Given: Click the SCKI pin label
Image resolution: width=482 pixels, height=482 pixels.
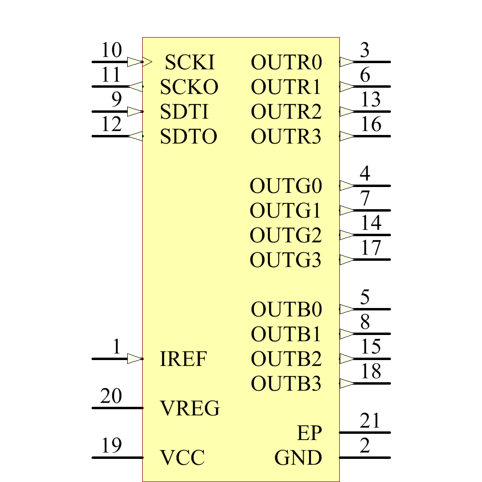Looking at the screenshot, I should (x=189, y=62).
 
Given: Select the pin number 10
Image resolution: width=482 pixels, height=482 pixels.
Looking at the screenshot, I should (x=111, y=50).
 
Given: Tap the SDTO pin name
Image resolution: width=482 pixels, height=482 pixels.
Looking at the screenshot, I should (x=188, y=137).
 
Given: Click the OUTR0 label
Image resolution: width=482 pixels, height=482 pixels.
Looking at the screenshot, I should (x=286, y=62).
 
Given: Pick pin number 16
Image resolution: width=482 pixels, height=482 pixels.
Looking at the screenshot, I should (x=371, y=124).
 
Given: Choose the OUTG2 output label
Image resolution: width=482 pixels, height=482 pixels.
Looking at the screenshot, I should (x=285, y=236).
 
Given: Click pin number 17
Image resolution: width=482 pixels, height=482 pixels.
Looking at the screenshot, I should (x=371, y=248).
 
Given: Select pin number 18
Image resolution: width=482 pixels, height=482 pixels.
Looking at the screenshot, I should (x=371, y=372).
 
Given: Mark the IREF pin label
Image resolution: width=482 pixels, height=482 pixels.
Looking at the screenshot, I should (x=183, y=359).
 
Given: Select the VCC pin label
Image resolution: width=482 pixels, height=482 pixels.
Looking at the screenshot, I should (x=182, y=457).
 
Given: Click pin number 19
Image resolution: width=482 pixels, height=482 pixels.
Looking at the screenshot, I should (x=111, y=445).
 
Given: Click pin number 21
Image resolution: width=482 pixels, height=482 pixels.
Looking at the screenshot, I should (x=370, y=421).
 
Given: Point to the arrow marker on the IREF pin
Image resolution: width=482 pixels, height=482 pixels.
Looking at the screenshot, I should (x=135, y=359).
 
